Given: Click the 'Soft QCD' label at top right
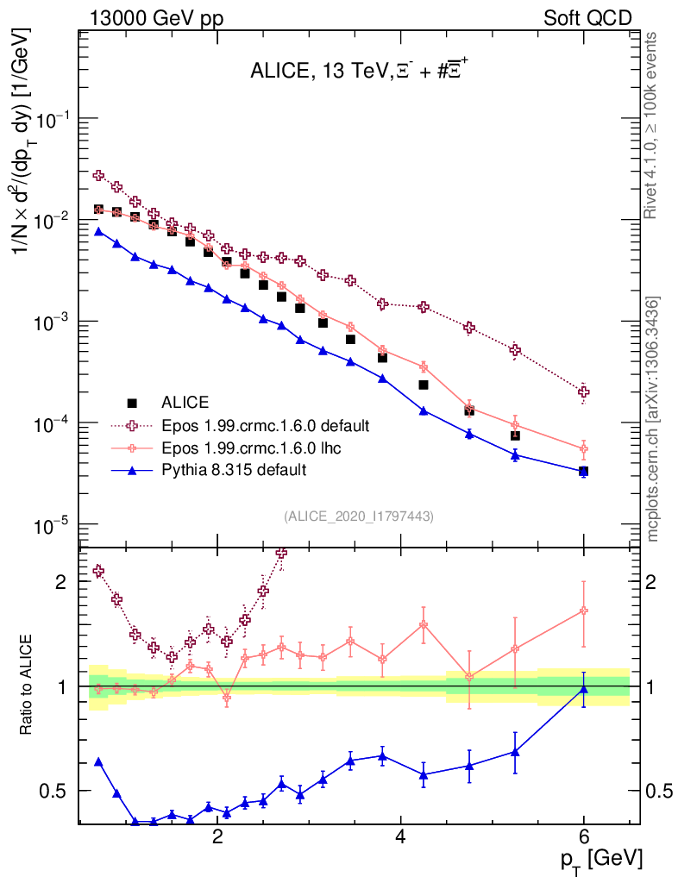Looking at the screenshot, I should point(587,18).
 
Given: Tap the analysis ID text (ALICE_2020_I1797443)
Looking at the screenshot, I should point(358,516).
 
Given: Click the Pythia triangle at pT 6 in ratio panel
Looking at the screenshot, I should point(584,688).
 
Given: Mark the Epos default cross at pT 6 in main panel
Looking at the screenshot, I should point(584,391).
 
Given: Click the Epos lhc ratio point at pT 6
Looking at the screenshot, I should point(584,611).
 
